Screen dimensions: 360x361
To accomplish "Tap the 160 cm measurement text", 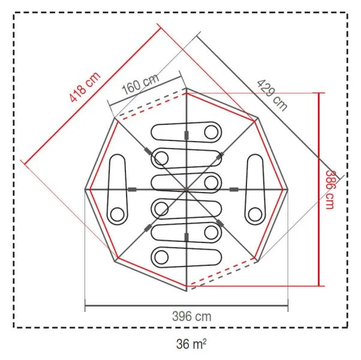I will (140, 85).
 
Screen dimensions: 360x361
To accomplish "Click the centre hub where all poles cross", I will (187, 190).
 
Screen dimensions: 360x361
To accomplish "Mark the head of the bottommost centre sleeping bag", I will (161, 257).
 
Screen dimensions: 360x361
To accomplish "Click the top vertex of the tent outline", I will (187, 88).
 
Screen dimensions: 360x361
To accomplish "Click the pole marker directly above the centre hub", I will (187, 134).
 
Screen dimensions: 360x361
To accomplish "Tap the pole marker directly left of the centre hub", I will (132, 190).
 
